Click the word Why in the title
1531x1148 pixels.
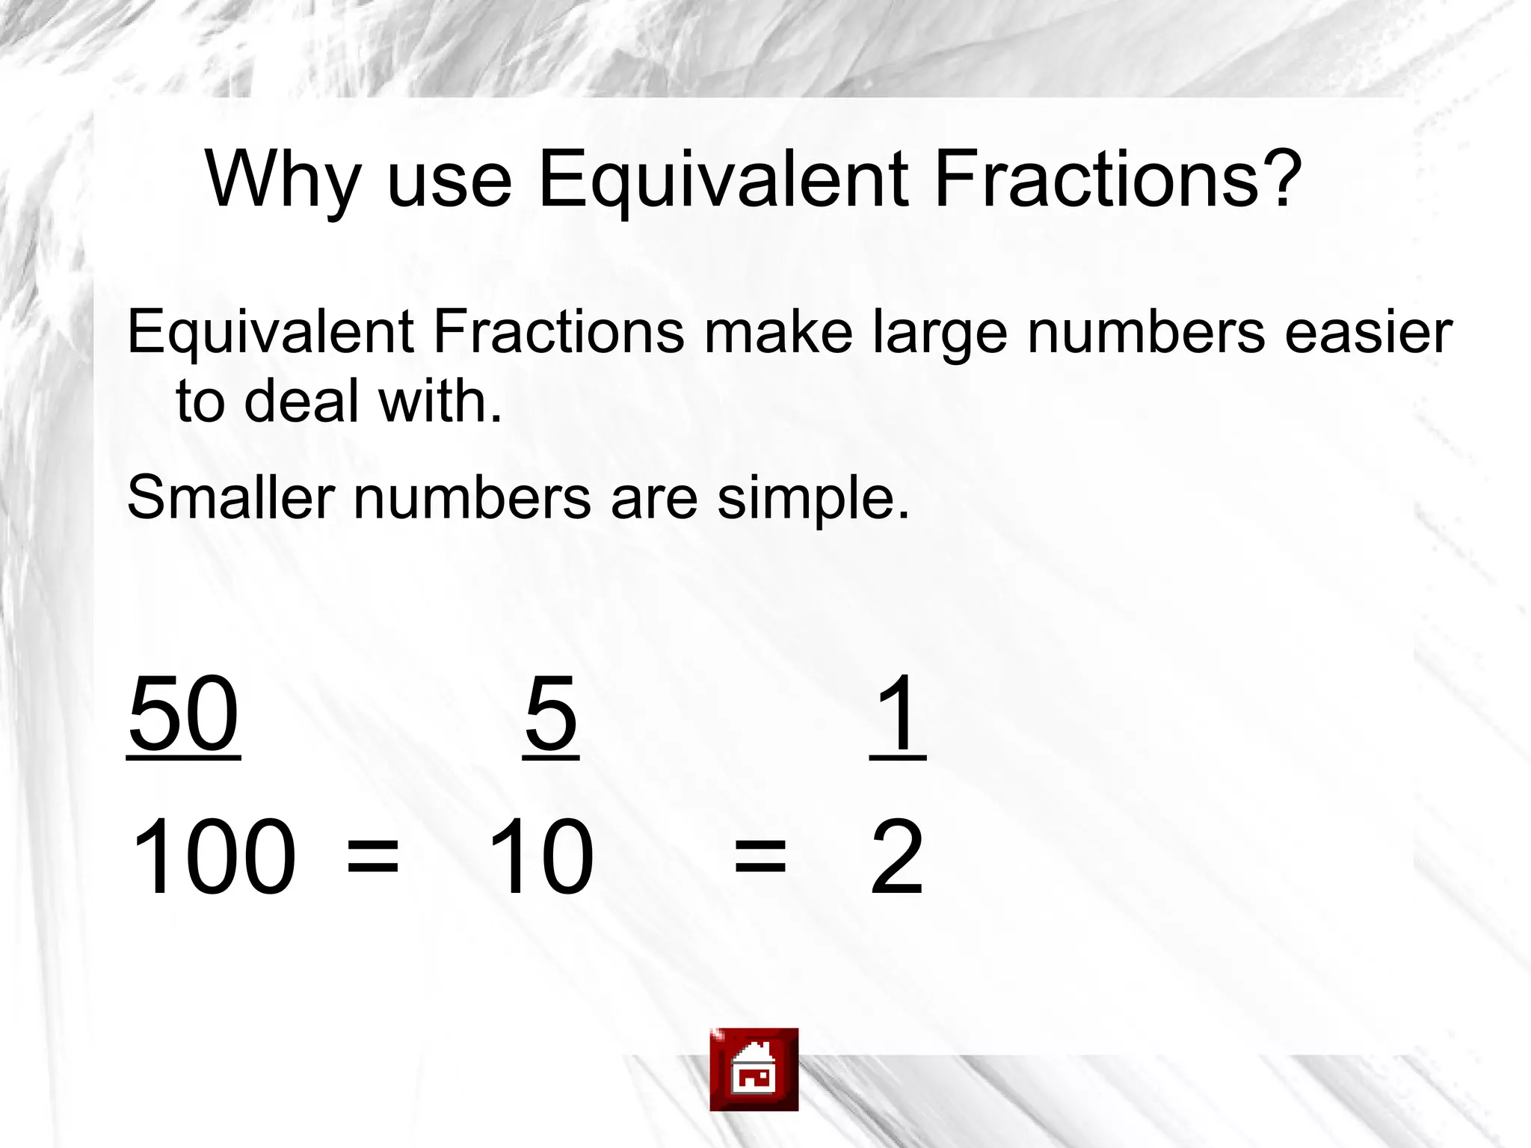(283, 179)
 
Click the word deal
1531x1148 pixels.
(302, 400)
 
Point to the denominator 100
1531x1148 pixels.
(213, 856)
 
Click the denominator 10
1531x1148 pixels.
(540, 856)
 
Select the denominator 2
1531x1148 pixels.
(897, 856)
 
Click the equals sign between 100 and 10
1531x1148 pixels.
(373, 856)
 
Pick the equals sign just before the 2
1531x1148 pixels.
(760, 856)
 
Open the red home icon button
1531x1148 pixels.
(754, 1069)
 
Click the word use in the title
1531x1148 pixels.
(449, 179)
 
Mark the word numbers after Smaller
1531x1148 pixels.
(472, 497)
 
